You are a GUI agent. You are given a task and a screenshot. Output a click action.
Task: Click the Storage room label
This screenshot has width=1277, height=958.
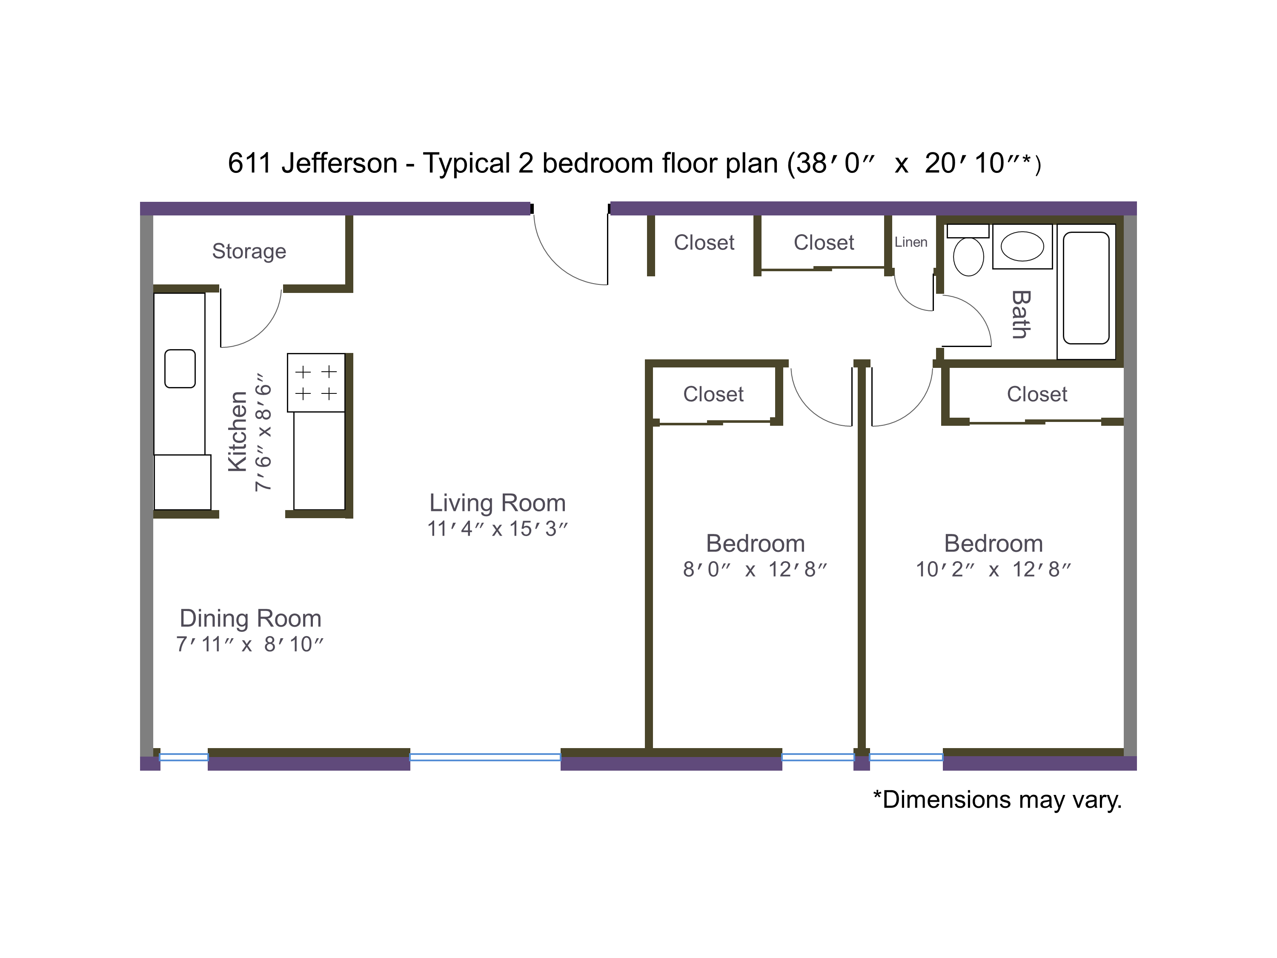tap(249, 252)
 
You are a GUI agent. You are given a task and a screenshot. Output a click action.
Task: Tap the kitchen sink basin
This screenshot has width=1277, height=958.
tap(180, 368)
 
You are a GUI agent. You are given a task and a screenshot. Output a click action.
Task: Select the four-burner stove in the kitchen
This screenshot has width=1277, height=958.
tap(316, 382)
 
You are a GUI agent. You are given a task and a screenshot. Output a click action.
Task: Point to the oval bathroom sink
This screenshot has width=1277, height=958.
tap(1022, 247)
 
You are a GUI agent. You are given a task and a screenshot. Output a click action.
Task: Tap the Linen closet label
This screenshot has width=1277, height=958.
tap(911, 243)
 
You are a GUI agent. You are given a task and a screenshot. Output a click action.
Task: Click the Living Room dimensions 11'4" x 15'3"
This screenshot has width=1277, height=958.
tap(497, 529)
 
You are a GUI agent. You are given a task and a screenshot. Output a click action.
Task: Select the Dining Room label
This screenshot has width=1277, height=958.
tap(250, 619)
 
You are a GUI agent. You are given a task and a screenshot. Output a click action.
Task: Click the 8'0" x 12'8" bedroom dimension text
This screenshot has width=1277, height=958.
tap(755, 569)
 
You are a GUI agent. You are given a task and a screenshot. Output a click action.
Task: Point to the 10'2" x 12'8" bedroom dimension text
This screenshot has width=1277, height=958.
tap(993, 569)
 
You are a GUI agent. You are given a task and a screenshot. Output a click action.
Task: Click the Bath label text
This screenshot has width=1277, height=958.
tap(1021, 314)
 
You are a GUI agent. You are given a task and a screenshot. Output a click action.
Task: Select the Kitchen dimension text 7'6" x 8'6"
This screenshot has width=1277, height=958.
tap(263, 432)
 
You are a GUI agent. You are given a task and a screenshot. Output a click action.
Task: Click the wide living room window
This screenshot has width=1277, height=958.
tap(485, 757)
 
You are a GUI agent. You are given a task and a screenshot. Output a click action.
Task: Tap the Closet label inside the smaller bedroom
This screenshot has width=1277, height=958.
tap(713, 394)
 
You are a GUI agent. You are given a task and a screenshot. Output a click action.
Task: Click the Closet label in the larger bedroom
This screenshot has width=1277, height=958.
tap(1037, 394)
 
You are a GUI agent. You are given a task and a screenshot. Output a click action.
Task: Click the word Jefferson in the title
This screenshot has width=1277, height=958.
tap(339, 163)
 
